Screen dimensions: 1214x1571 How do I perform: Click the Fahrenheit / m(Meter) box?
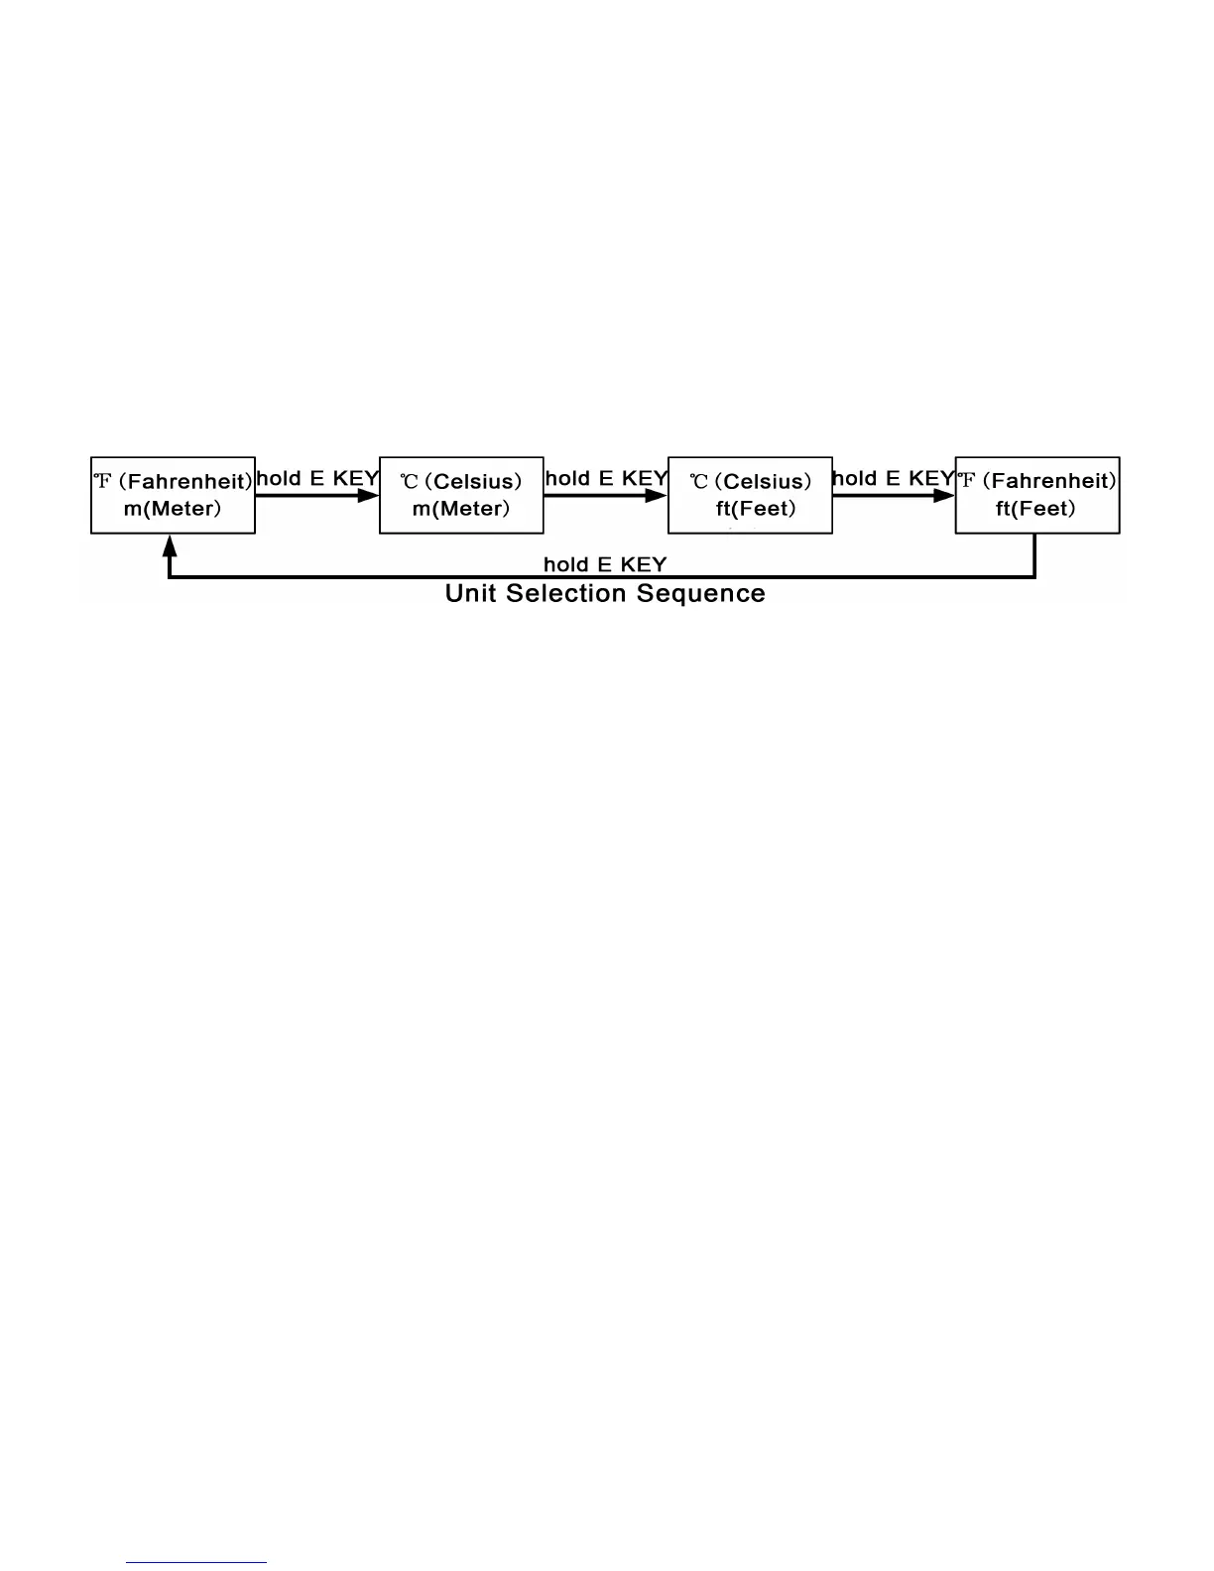pyautogui.click(x=173, y=495)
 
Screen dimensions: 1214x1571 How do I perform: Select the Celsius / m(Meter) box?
pyautogui.click(x=461, y=495)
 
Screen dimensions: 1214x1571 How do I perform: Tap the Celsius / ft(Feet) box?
pyautogui.click(x=750, y=495)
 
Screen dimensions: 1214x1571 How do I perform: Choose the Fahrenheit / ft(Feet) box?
pyautogui.click(x=1037, y=495)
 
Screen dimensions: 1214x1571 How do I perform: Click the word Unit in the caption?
pyautogui.click(x=470, y=593)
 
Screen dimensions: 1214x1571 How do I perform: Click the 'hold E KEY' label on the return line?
pyautogui.click(x=605, y=564)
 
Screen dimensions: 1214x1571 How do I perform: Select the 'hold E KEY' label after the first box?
pyautogui.click(x=317, y=478)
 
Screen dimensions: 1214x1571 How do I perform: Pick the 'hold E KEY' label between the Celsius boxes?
pyautogui.click(x=606, y=478)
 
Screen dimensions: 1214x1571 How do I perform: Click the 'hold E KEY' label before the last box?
pyautogui.click(x=893, y=478)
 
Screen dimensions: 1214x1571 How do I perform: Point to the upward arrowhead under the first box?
pyautogui.click(x=170, y=544)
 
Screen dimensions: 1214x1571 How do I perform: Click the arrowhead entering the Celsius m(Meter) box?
pyautogui.click(x=369, y=496)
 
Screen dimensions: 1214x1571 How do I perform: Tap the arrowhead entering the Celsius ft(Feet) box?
pyautogui.click(x=657, y=496)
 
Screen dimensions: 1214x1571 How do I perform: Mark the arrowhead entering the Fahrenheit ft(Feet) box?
pyautogui.click(x=944, y=496)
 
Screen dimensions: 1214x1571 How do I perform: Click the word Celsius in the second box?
pyautogui.click(x=477, y=482)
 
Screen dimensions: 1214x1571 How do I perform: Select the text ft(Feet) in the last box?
pyautogui.click(x=1035, y=510)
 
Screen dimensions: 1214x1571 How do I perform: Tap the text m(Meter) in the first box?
pyautogui.click(x=173, y=510)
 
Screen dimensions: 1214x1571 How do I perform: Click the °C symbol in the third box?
pyautogui.click(x=699, y=482)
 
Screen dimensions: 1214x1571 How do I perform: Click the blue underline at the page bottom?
pyautogui.click(x=196, y=1563)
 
